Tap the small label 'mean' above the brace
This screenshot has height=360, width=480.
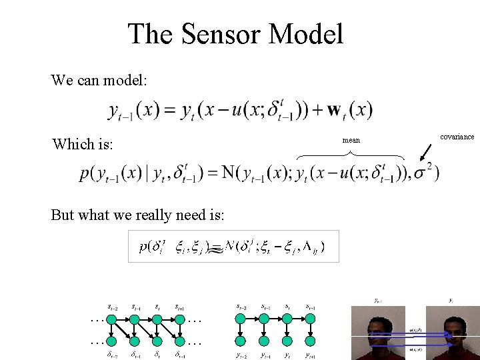pos(351,141)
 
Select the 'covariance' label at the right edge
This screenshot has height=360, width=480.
pos(457,137)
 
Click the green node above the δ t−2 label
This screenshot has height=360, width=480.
pos(112,319)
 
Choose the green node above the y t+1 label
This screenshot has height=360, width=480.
pos(309,319)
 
